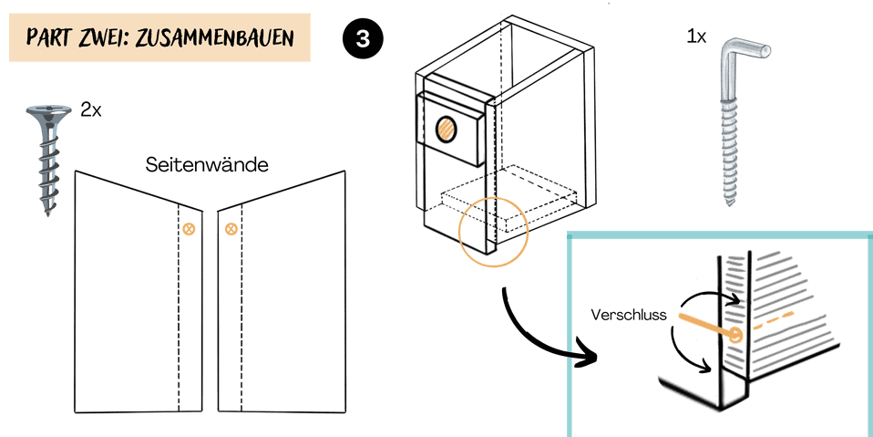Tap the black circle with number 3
(x=364, y=40)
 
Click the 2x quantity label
(x=90, y=110)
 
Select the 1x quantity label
(x=697, y=37)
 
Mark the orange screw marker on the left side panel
(x=189, y=229)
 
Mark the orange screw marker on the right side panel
(x=231, y=229)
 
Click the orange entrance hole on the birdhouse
(x=447, y=129)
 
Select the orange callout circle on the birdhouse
(x=493, y=233)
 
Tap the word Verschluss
(x=629, y=316)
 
